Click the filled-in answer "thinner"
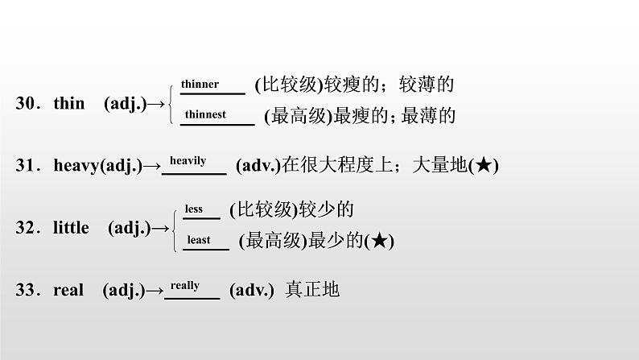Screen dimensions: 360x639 coord(200,84)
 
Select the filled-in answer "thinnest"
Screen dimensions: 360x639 coord(205,114)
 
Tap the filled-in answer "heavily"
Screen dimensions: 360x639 coord(189,160)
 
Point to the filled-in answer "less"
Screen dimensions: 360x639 coord(193,209)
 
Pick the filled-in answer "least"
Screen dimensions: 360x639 coord(198,239)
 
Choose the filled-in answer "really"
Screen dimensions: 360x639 coord(185,285)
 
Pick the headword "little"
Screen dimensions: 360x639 coord(71,228)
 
